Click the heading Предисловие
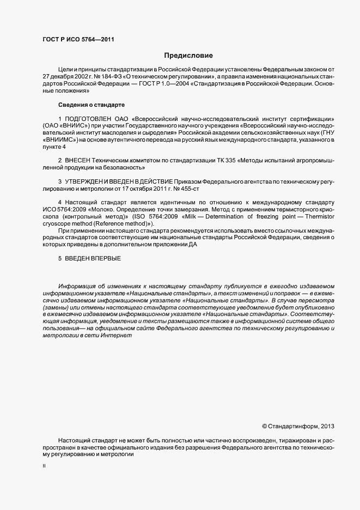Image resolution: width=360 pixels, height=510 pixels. click(188, 56)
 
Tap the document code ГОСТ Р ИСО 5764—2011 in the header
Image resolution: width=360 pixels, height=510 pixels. click(78, 39)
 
